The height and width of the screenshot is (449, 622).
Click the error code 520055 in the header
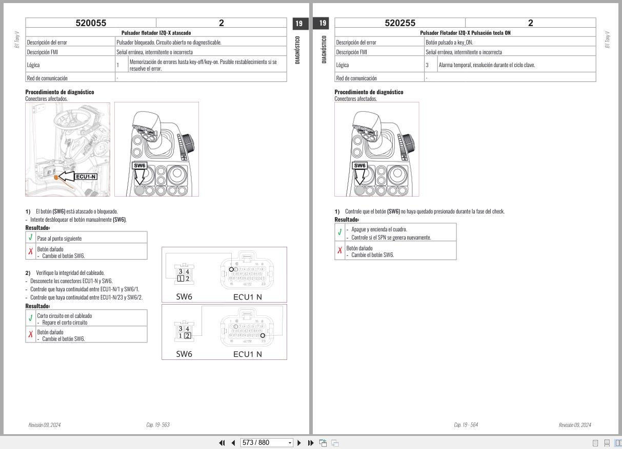coord(91,23)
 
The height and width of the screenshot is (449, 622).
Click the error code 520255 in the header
coord(400,23)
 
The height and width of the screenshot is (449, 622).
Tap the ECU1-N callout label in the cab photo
coord(86,177)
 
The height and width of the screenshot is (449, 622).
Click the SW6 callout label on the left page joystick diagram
coord(139,165)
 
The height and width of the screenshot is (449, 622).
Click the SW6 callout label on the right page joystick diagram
coord(360,165)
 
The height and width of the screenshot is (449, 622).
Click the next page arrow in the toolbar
coord(299,443)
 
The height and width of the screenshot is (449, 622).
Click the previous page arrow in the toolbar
coord(233,443)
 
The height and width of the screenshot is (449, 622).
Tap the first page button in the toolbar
coord(223,443)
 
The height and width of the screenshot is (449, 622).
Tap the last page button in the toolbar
coord(311,443)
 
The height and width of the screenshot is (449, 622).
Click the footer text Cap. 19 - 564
coord(466,425)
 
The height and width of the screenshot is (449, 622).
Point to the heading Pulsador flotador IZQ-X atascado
coord(156,33)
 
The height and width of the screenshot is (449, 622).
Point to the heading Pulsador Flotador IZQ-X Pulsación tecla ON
coord(465,33)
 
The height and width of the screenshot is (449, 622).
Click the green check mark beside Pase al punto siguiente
coord(31,237)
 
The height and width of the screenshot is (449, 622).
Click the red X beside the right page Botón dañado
coord(339,251)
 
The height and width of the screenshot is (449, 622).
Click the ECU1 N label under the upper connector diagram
coord(247,296)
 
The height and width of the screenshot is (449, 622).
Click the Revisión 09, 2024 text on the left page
coord(44,425)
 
